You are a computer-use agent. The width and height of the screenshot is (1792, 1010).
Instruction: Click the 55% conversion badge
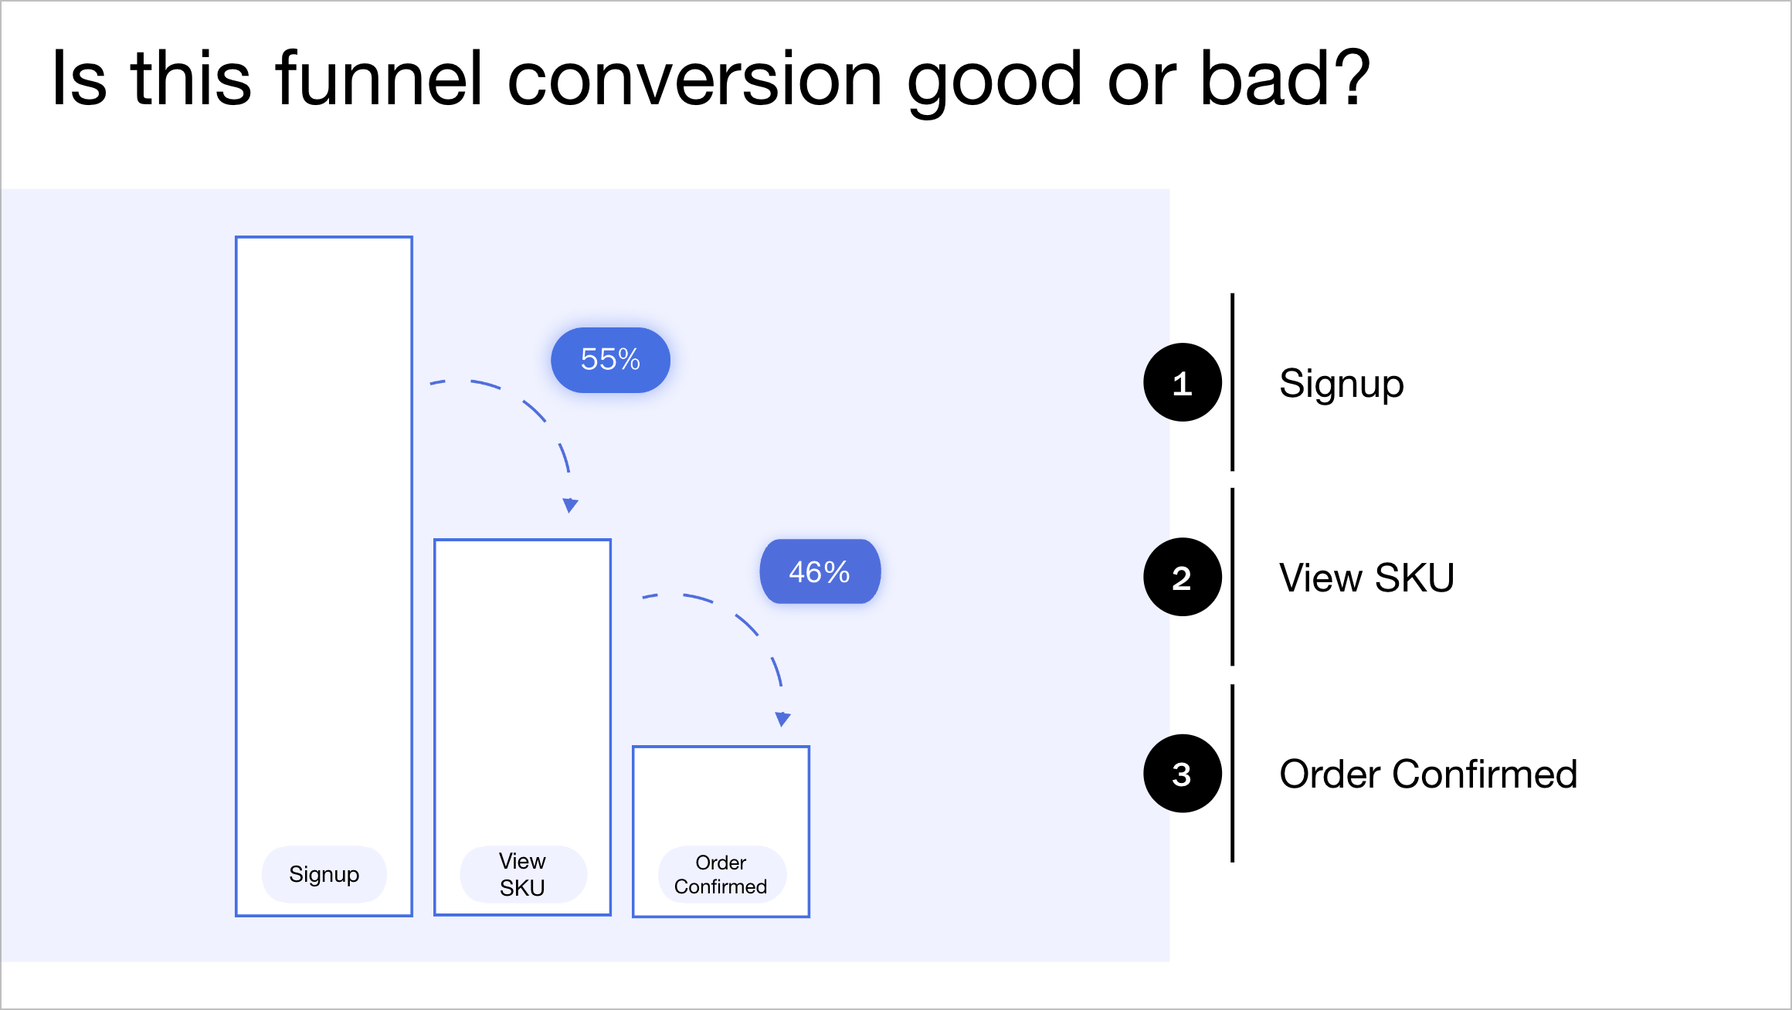coord(610,360)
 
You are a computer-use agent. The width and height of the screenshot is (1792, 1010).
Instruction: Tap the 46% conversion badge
coord(820,572)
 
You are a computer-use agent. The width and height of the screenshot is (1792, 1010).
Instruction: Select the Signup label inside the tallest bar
coord(324,874)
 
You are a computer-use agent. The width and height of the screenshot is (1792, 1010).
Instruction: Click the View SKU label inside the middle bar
coord(523,874)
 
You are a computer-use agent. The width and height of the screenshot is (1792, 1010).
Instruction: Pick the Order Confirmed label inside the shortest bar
coord(721,874)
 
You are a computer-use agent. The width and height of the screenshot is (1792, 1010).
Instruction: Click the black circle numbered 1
coord(1182,383)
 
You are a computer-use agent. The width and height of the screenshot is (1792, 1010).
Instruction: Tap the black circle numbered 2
coord(1182,578)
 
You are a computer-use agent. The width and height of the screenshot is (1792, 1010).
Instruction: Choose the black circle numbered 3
coord(1182,774)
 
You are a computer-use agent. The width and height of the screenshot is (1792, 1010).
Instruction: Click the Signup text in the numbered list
coord(1341,384)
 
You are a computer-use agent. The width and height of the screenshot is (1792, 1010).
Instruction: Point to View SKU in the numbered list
coord(1366,578)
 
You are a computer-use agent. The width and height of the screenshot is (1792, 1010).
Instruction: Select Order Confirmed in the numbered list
coord(1428,774)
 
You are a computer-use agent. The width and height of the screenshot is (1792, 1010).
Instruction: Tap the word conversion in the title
coord(694,79)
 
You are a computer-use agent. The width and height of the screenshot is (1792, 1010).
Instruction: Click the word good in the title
coord(995,80)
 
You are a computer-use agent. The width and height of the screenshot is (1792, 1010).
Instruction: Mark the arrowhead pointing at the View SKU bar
coord(570,506)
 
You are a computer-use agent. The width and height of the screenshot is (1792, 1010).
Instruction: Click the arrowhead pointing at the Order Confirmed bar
coord(782,720)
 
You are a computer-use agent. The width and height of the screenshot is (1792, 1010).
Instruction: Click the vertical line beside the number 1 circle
coord(1232,382)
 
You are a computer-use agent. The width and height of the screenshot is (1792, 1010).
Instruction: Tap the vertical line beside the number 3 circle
coord(1232,773)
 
